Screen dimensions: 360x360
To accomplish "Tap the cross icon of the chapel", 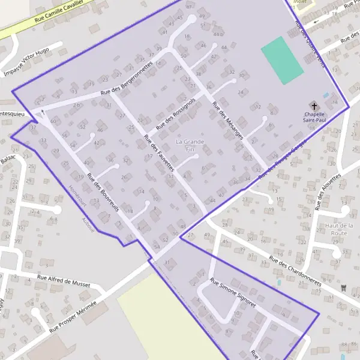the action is pos(314,106).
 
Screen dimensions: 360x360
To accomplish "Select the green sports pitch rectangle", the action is pos(282,60).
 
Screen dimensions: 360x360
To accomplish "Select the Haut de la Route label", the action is pos(339,229).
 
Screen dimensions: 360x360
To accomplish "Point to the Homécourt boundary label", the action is pos(76,194).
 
